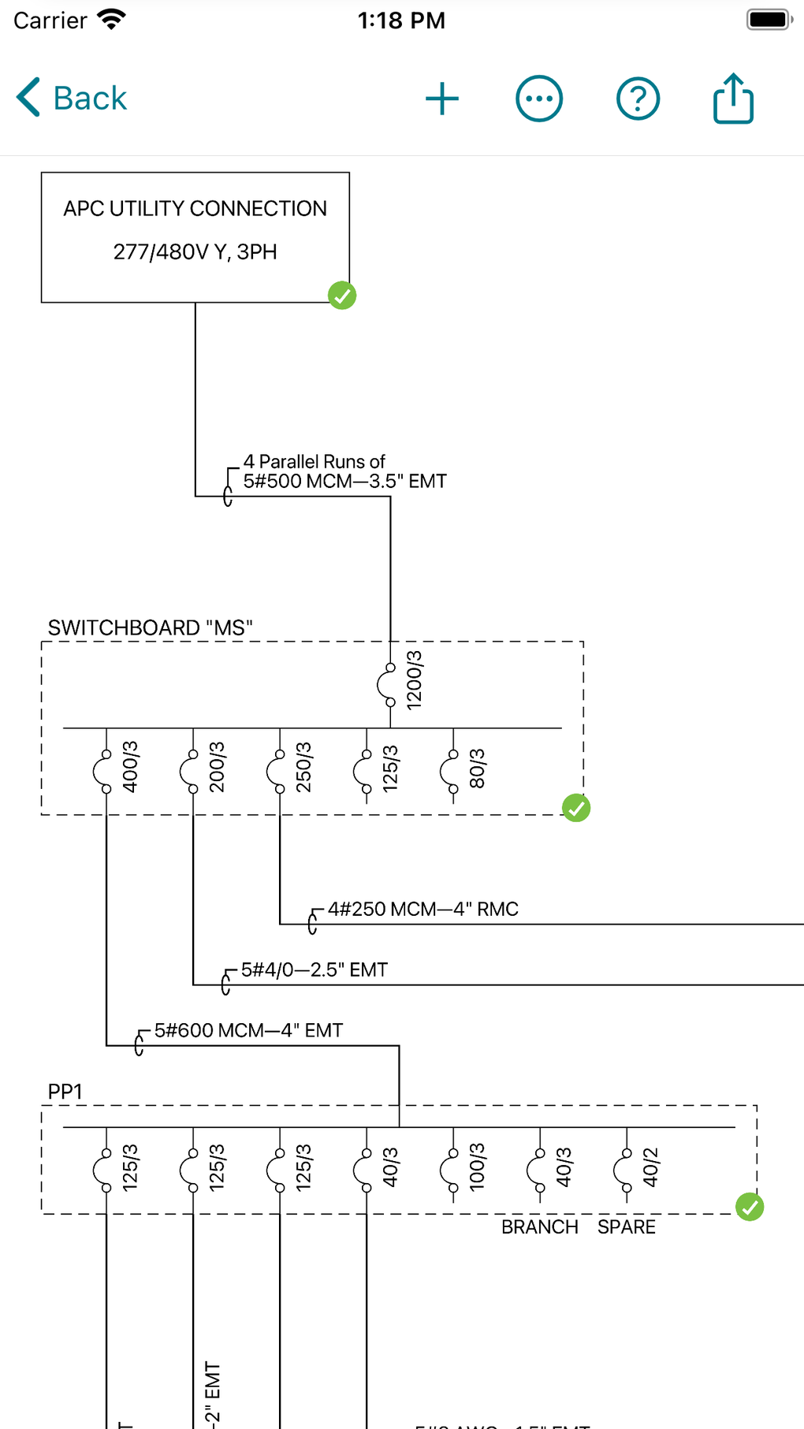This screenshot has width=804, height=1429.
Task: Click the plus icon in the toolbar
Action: point(442,99)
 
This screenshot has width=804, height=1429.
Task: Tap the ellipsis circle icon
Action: point(539,99)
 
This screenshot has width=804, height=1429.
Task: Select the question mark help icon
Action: point(638,99)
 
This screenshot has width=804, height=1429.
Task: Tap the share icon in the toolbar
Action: point(733,99)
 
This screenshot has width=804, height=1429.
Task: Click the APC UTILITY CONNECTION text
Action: point(195,209)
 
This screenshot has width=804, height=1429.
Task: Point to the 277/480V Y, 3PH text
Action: point(195,252)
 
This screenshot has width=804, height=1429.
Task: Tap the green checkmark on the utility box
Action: point(342,296)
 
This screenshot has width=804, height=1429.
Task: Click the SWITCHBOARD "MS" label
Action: point(150,628)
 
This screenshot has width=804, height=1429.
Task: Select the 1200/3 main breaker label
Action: point(414,680)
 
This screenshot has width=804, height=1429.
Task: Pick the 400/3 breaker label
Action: point(130,767)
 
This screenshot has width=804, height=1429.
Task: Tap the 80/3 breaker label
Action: point(477,768)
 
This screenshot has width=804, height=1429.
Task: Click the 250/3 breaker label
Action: point(303,767)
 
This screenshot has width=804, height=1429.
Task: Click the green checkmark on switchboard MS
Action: point(576,808)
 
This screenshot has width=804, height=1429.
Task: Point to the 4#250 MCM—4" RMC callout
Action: point(422,910)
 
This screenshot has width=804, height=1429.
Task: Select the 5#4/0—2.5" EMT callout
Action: point(314,970)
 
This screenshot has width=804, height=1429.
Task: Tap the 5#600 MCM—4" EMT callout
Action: point(248,1031)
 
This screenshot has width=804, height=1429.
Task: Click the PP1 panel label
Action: point(65,1092)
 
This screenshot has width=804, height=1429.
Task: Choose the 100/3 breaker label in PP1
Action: point(477,1167)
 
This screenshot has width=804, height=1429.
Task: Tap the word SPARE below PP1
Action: point(626,1227)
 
